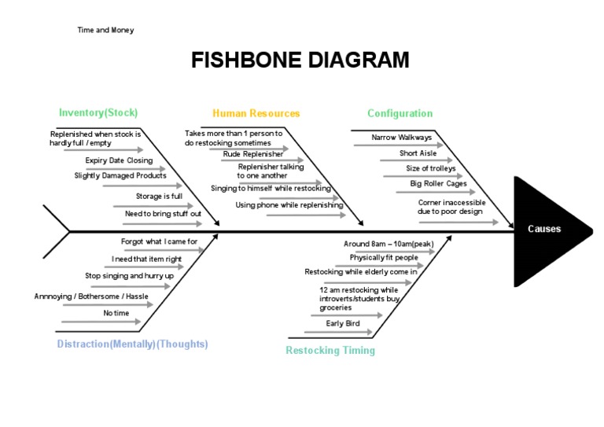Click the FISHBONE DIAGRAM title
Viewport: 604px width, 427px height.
[x=300, y=61]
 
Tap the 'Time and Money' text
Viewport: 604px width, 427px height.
[x=105, y=30]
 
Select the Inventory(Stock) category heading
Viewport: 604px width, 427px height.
[x=98, y=113]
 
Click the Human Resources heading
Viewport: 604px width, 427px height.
[x=256, y=113]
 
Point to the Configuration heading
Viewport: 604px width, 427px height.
[x=400, y=113]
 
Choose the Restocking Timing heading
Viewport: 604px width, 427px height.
[x=330, y=351]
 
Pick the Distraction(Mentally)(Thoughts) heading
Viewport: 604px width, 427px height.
[x=133, y=344]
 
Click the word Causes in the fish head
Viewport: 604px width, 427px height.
[x=544, y=229]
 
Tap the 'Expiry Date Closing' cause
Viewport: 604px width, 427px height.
[x=119, y=160]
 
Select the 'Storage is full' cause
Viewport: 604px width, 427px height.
[x=159, y=196]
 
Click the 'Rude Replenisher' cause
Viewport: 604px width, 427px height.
[x=253, y=154]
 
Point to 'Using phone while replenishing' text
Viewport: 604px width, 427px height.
[x=289, y=205]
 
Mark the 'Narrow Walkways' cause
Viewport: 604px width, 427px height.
[x=402, y=138]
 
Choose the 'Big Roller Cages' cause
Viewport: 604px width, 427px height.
[x=438, y=184]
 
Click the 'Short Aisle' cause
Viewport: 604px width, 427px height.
[x=418, y=153]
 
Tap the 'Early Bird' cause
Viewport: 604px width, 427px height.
[x=344, y=323]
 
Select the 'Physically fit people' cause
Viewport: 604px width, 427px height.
[x=384, y=257]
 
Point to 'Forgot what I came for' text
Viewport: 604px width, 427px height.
[x=159, y=241]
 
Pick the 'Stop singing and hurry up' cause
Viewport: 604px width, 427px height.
[x=129, y=276]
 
